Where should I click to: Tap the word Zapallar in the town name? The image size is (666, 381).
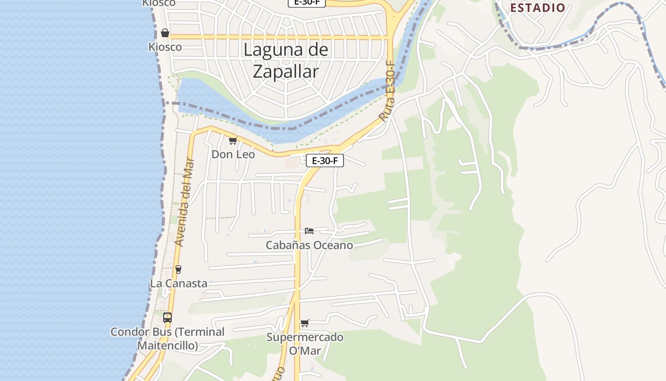point(285,71)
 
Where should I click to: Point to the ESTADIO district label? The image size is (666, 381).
point(538,8)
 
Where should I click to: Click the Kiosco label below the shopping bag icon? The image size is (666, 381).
point(165,47)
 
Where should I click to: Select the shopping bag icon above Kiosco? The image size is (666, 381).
point(165,33)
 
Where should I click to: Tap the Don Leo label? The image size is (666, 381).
point(233,154)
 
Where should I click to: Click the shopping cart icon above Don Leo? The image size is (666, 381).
point(233,140)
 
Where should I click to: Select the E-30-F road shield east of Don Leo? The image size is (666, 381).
point(325,160)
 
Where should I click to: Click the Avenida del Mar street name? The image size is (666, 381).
point(185,202)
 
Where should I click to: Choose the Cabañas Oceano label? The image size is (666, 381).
point(309,245)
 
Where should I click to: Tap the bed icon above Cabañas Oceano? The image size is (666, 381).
point(309,231)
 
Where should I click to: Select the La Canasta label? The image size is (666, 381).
point(178,283)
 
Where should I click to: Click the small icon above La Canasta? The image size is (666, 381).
point(178,269)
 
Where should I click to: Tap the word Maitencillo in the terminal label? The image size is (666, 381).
point(167,345)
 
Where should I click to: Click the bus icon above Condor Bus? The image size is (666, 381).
point(167,317)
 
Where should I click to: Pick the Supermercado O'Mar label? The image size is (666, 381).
point(305,344)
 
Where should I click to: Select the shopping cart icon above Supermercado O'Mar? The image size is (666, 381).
point(305,323)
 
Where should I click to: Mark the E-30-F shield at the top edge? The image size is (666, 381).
point(307,2)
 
